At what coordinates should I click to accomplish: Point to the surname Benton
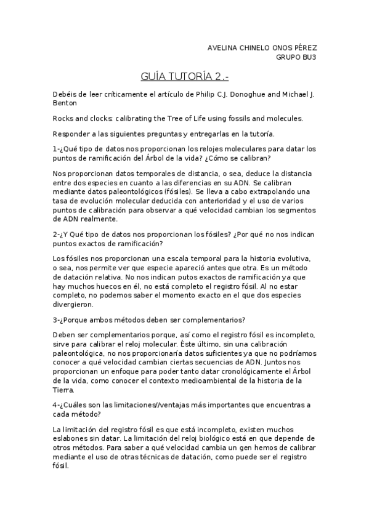pyautogui.click(x=65, y=103)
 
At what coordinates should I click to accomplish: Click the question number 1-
pyautogui.click(x=57, y=149)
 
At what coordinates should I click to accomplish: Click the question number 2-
pyautogui.click(x=57, y=234)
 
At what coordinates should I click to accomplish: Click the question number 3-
pyautogui.click(x=57, y=319)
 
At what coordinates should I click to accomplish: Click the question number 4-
pyautogui.click(x=57, y=404)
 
